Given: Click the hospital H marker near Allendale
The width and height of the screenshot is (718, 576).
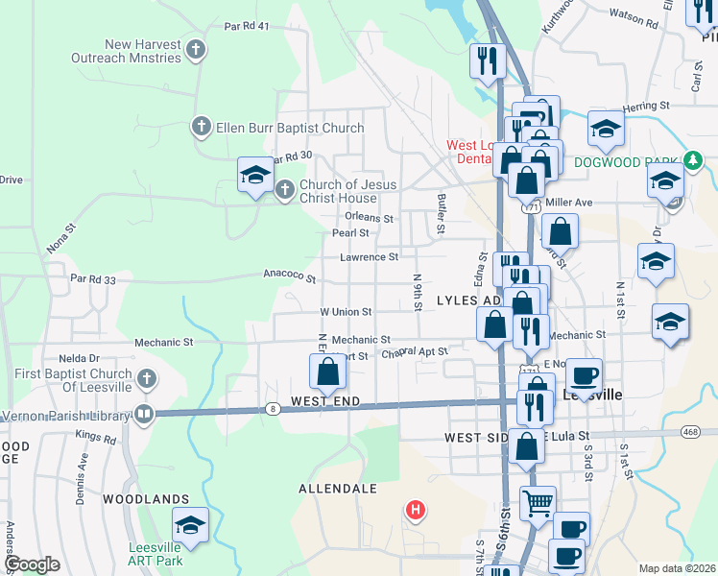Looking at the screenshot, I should coord(416,509).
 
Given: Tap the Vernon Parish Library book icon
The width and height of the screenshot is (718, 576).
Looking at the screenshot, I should coord(144,415).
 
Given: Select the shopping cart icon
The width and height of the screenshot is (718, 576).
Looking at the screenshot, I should coord(538,501).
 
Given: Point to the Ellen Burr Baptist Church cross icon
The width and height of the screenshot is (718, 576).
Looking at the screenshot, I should coord(202,126).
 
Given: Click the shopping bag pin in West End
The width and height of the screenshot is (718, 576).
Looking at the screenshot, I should coord(327,372).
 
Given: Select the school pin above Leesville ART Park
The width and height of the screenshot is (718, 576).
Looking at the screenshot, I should coord(190,525).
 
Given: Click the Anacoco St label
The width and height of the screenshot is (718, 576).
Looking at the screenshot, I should coord(291,276).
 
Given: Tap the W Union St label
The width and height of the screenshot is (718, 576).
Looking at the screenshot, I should coord(345,312).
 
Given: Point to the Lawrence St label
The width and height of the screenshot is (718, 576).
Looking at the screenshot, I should coord(369,257).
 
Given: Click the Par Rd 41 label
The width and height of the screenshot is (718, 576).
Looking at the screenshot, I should coord(247,27).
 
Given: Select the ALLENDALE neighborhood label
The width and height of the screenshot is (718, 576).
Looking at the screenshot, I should coord(338,489).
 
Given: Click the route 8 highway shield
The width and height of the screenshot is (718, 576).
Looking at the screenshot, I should coord(275,409).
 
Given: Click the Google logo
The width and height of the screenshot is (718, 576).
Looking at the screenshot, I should coord(33,564).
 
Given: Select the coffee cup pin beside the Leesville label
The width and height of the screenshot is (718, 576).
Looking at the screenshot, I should coord(584,375).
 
